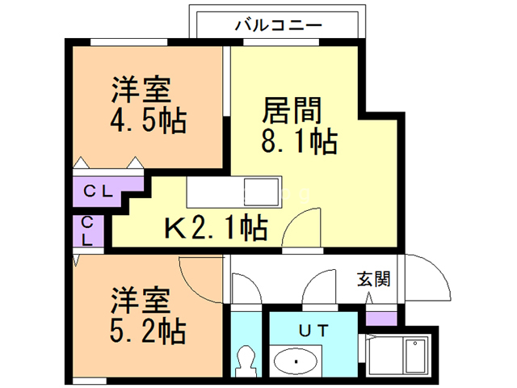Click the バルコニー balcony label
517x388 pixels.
pos(278,25)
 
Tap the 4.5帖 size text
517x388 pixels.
pos(148,122)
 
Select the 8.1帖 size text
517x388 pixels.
pos(298,142)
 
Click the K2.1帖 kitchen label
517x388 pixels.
pos(216,229)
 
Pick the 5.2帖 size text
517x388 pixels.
pos(148,331)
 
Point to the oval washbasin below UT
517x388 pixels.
pos(296,359)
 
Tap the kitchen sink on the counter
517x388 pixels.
pos(262,193)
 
